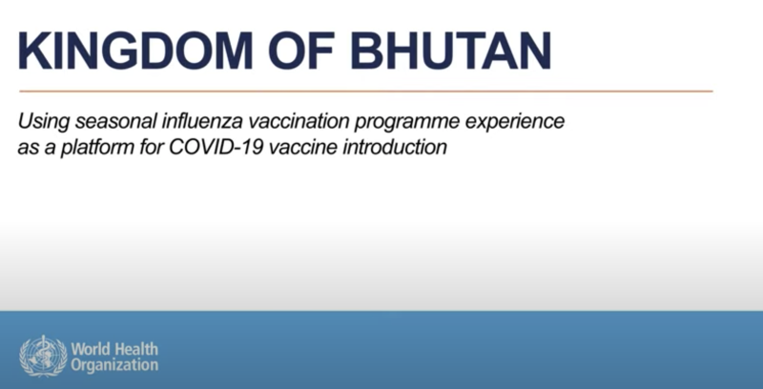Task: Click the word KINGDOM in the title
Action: tap(135, 51)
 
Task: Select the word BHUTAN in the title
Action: tap(451, 51)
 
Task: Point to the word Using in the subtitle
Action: tap(43, 122)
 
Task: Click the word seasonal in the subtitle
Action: tap(115, 120)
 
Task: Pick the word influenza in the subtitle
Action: tap(202, 120)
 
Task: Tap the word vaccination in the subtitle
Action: tap(298, 120)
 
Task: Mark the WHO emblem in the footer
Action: tap(43, 356)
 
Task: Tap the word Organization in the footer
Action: tap(114, 365)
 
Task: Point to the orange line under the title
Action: tap(366, 91)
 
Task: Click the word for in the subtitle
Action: tap(151, 147)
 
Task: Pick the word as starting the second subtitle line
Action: tap(28, 148)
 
